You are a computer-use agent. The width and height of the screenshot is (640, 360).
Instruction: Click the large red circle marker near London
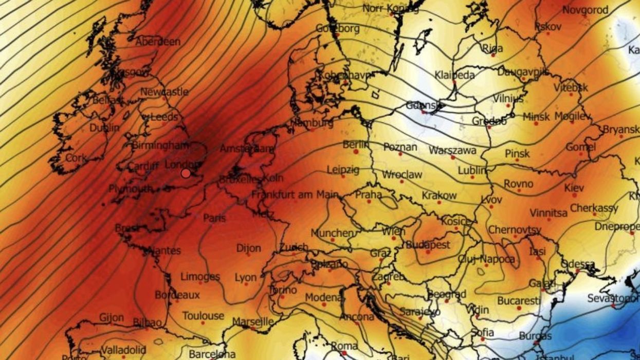click(x=186, y=173)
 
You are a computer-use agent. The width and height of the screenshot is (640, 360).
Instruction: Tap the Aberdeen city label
click(x=158, y=42)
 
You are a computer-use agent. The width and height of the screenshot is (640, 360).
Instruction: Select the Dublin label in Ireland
click(x=104, y=128)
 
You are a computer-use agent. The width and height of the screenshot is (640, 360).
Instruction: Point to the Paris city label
click(x=214, y=218)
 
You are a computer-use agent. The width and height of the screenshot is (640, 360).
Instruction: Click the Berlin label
click(x=356, y=145)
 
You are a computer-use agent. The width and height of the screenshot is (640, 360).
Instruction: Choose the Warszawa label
click(x=452, y=151)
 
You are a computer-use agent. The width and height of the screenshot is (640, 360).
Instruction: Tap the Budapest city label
click(x=428, y=245)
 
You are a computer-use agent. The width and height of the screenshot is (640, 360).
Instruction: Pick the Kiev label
click(x=574, y=188)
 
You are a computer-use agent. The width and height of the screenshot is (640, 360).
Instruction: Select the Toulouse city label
click(x=203, y=316)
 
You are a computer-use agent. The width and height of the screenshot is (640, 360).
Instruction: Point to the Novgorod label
click(x=585, y=10)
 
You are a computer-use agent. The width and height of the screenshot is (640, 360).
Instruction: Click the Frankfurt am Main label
click(x=295, y=195)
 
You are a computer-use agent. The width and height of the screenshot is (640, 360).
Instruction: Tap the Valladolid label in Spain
click(x=123, y=350)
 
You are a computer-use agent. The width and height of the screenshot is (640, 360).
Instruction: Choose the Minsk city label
click(x=536, y=117)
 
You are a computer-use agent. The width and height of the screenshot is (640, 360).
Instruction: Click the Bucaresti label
click(x=519, y=300)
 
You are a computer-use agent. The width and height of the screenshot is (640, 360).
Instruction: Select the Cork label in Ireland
click(x=76, y=158)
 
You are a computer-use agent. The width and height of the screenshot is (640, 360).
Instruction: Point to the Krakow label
click(x=439, y=195)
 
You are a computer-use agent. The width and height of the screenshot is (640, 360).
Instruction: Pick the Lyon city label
click(x=245, y=278)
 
